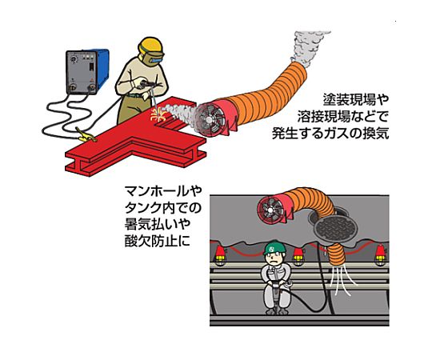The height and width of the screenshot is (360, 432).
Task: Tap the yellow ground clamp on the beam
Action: point(86,135)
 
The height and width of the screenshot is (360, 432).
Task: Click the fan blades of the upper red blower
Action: point(209,119)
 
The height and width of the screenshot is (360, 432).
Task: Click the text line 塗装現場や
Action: point(355,99)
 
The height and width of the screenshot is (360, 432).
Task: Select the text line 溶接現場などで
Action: point(342,117)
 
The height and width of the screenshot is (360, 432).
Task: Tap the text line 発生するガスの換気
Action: point(330,134)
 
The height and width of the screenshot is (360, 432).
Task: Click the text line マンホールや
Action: point(163,191)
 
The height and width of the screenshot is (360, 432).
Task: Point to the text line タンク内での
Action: point(163,207)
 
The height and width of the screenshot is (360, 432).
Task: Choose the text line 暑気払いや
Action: point(158,224)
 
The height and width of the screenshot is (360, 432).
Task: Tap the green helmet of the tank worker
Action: point(274,247)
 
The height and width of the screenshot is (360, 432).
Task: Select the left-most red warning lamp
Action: point(220,254)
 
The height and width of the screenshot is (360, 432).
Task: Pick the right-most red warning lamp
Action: point(381,255)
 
